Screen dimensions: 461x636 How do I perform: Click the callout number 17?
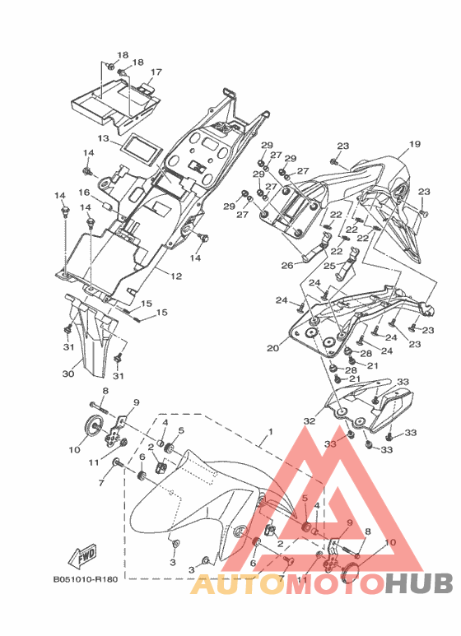(x=156, y=72)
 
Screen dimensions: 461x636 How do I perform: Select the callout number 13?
(x=103, y=138)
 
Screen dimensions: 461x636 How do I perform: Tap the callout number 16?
(x=85, y=192)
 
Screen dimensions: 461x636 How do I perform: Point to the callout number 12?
(x=176, y=276)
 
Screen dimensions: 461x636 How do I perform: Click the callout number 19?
(x=415, y=144)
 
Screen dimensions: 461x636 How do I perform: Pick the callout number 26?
(x=287, y=266)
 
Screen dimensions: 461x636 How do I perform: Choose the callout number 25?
(x=329, y=266)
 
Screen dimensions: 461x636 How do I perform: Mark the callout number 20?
(x=272, y=348)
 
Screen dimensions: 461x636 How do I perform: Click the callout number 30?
(x=68, y=374)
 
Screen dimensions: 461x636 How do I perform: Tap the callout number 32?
(x=310, y=421)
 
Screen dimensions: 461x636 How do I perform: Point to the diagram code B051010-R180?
(x=86, y=579)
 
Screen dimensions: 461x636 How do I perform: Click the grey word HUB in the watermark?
(x=419, y=583)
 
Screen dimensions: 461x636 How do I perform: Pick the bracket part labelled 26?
(x=316, y=248)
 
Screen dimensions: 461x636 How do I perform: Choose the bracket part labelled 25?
(x=347, y=262)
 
